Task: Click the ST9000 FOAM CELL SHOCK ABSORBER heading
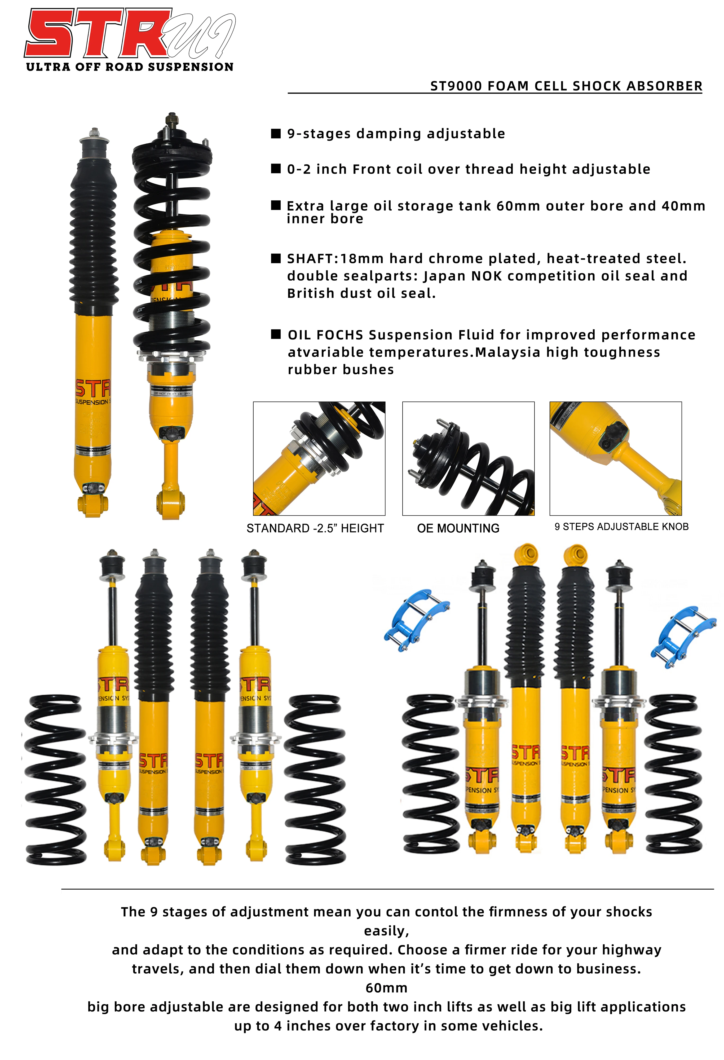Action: point(566,86)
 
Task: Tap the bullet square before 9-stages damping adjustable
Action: point(276,133)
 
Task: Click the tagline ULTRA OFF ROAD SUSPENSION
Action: point(130,67)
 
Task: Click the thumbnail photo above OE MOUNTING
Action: point(468,458)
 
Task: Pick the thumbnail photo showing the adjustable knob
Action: point(615,458)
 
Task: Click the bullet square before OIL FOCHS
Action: point(276,334)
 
